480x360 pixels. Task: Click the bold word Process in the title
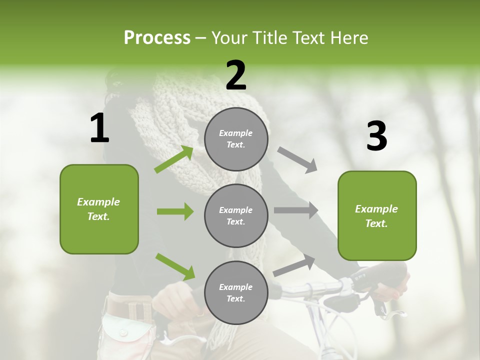[x=157, y=38]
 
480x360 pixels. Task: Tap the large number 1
[x=99, y=128]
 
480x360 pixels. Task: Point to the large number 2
[x=236, y=75]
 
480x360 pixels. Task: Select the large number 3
[x=376, y=136]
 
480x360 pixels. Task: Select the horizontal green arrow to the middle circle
[x=175, y=211]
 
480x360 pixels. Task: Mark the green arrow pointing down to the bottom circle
[x=175, y=266]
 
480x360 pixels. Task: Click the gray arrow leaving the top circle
[x=297, y=160]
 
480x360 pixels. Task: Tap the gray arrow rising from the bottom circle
[x=294, y=265]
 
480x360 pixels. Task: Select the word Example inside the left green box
[x=98, y=202]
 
